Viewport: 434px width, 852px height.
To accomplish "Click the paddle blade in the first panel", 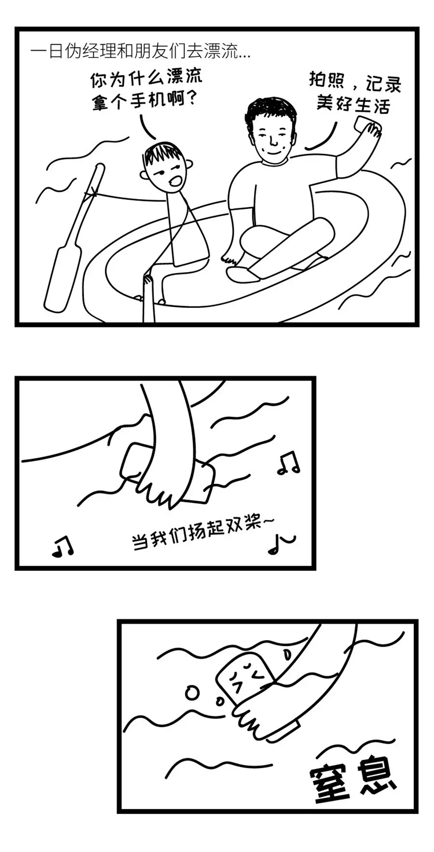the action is click(62, 278).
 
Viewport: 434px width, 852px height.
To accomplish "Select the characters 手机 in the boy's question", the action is click(159, 101).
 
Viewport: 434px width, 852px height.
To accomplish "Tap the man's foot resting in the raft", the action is click(242, 273).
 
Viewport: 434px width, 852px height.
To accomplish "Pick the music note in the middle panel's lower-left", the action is click(62, 546).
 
